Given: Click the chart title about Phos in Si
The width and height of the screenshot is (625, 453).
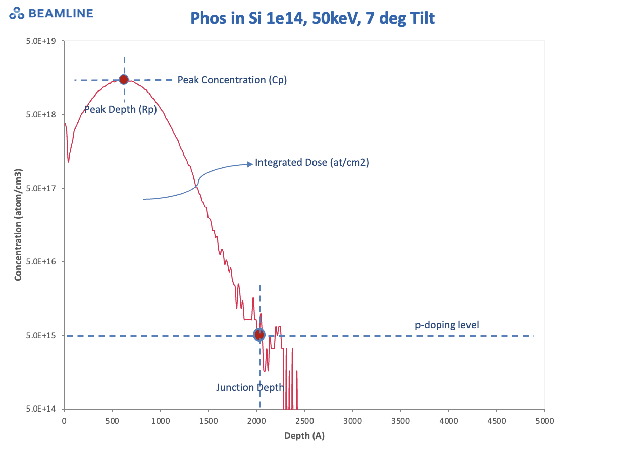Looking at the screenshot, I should pyautogui.click(x=312, y=18).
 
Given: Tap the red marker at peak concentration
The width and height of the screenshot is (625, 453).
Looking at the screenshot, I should pyautogui.click(x=123, y=79).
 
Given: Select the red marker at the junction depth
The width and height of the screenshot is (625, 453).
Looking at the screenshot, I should pyautogui.click(x=259, y=334).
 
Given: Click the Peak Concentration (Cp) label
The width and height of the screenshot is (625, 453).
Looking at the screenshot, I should pyautogui.click(x=232, y=80).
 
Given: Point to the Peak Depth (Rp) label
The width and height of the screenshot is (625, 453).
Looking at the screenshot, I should pyautogui.click(x=120, y=109).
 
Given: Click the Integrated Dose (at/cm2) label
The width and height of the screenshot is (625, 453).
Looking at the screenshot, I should pyautogui.click(x=312, y=163).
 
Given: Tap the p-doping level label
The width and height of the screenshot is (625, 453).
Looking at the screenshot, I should pyautogui.click(x=447, y=325).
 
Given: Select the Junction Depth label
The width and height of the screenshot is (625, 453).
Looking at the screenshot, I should pyautogui.click(x=250, y=387).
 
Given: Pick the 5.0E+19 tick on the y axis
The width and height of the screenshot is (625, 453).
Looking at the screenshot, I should pyautogui.click(x=45, y=41).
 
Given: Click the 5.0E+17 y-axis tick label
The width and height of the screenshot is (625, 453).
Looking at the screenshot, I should pyautogui.click(x=45, y=188).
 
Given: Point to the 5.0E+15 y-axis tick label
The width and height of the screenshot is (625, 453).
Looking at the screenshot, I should pyautogui.click(x=45, y=335).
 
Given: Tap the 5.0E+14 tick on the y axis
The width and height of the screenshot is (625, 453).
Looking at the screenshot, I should pyautogui.click(x=45, y=409).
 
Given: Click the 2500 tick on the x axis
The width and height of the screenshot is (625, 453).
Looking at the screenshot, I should pyautogui.click(x=304, y=420).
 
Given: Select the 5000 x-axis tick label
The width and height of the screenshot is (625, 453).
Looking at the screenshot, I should pyautogui.click(x=544, y=420).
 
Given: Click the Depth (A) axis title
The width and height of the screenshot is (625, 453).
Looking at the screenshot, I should pyautogui.click(x=304, y=436).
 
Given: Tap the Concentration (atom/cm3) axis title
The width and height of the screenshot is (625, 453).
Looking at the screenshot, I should pyautogui.click(x=18, y=225).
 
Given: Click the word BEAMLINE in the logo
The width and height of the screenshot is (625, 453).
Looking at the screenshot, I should pyautogui.click(x=61, y=13).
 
